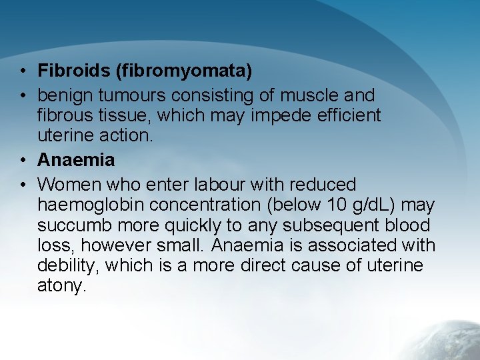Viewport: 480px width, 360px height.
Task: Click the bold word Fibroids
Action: click(x=66, y=70)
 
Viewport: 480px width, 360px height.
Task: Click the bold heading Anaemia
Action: click(x=76, y=160)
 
